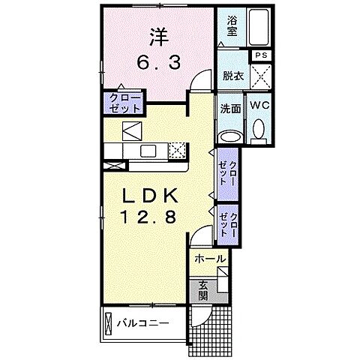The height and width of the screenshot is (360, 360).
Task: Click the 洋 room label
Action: (157, 37)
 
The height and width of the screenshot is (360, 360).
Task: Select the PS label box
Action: (260, 55)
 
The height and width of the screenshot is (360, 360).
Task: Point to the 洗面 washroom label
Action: (230, 108)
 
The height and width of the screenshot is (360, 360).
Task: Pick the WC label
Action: (260, 106)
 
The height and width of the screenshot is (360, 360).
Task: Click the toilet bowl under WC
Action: (260, 132)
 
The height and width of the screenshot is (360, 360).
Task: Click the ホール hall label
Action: (209, 259)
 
